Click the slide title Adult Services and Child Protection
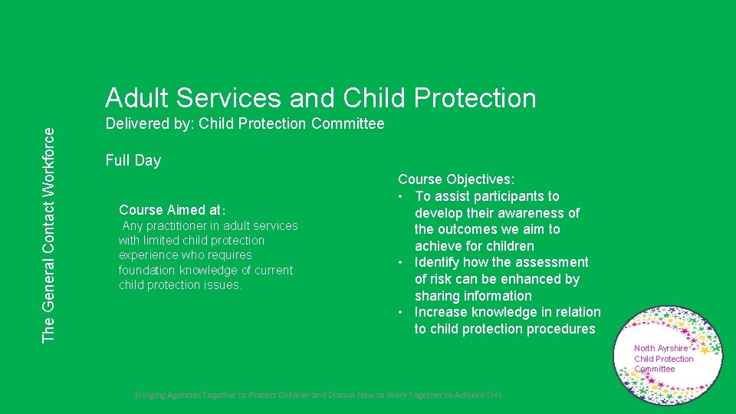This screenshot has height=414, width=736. pos(320,98)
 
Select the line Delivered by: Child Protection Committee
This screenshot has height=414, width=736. pos(245,123)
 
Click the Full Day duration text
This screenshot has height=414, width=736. pos(133,160)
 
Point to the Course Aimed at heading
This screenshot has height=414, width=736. pos(172,209)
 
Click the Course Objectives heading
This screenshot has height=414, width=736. pos(455,179)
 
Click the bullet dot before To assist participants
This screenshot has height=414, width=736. pos(401,196)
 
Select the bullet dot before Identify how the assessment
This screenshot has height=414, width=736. pos(401,263)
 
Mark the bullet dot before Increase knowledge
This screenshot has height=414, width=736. pos(401,312)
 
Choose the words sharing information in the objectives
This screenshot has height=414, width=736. pos(473,296)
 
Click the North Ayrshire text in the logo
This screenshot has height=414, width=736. pos(660,349)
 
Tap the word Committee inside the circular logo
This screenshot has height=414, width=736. pos(654,369)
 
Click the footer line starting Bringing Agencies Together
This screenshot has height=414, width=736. pos(317,395)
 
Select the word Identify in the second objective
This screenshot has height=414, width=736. pos(439,263)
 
